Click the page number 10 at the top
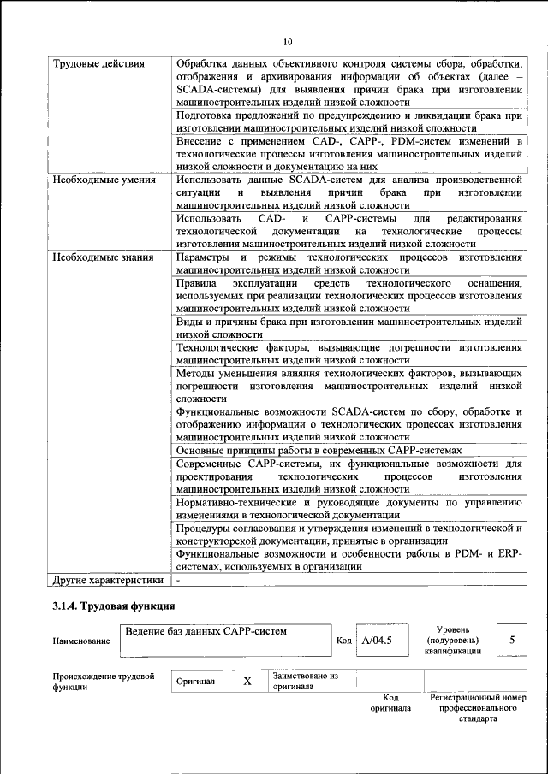click(x=287, y=41)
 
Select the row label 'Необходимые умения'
click(x=104, y=180)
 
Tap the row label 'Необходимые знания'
click(x=103, y=257)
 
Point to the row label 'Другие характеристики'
click(x=108, y=579)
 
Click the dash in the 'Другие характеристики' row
click(x=178, y=579)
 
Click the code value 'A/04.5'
click(x=377, y=639)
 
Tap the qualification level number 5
click(x=512, y=639)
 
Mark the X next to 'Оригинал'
click(x=247, y=682)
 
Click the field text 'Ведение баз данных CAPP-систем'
click(x=205, y=631)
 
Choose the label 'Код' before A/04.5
click(x=343, y=640)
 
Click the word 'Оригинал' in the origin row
click(x=196, y=682)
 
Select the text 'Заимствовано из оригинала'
click(x=306, y=681)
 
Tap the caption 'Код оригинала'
click(x=390, y=703)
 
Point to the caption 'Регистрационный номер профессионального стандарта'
click(x=478, y=708)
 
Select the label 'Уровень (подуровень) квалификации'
click(x=452, y=639)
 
